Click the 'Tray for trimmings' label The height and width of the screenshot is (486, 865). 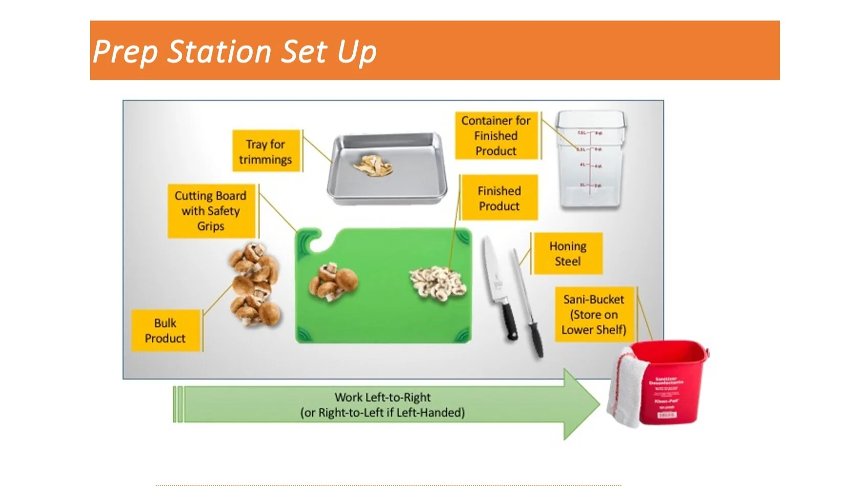[x=266, y=151]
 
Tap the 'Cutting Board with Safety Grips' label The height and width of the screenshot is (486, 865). [x=211, y=211]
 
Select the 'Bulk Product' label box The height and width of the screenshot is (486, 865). [x=165, y=330]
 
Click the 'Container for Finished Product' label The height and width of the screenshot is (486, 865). [x=496, y=136]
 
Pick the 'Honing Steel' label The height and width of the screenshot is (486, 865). [x=568, y=254]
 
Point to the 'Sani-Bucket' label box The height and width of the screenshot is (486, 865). [x=594, y=315]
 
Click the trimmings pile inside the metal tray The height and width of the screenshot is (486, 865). [x=373, y=166]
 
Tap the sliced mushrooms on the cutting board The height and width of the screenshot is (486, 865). [x=438, y=283]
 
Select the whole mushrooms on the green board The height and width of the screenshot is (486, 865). [x=333, y=282]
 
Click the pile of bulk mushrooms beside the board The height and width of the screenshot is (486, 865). [x=254, y=284]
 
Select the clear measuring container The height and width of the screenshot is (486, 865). [x=591, y=160]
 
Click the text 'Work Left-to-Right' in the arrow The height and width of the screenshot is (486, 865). [x=382, y=397]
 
